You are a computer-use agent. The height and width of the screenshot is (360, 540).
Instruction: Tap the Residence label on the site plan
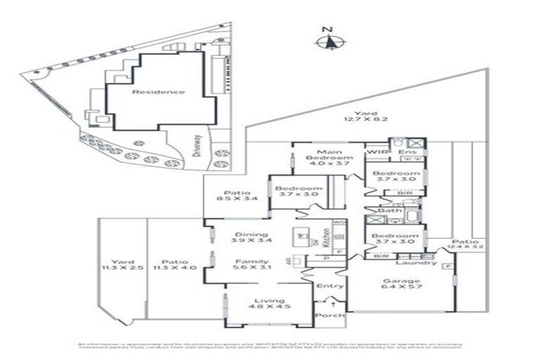158,91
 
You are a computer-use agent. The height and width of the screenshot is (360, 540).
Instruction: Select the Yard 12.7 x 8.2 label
365,117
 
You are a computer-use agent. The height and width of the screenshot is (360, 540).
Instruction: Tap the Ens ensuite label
405,152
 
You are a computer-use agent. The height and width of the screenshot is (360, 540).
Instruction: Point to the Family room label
250,265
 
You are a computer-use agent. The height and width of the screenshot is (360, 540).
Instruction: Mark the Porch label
330,315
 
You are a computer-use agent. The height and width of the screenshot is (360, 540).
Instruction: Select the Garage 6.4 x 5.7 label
400,283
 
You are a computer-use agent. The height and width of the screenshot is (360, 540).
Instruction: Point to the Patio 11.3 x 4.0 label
172,264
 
